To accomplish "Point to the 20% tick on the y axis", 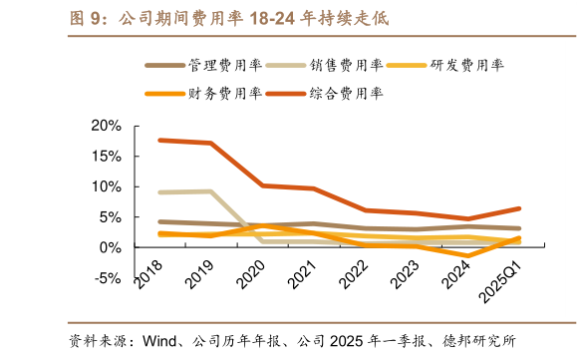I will (x=105, y=126).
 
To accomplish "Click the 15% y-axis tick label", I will (x=105, y=156).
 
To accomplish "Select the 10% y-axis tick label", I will (x=105, y=186).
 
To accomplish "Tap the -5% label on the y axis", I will (x=107, y=277).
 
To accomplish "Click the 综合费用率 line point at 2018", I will (x=159, y=140).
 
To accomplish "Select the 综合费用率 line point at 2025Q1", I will (x=518, y=208).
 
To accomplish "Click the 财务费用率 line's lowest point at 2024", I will (x=467, y=255).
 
